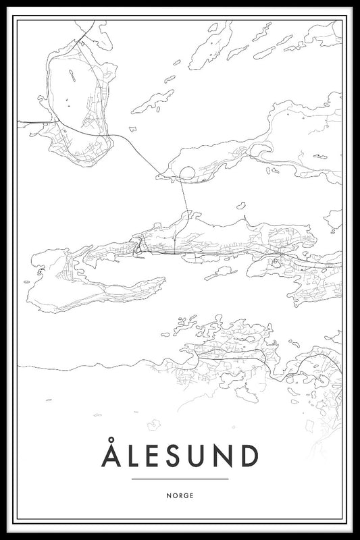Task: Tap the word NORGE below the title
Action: click(180, 495)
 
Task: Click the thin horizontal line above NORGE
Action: click(180, 479)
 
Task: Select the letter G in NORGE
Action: click(186, 495)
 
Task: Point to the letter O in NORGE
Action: click(173, 495)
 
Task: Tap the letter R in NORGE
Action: click(180, 495)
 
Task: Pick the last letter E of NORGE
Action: click(192, 495)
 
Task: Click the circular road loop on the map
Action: click(186, 173)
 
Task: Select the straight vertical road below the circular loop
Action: click(183, 199)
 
